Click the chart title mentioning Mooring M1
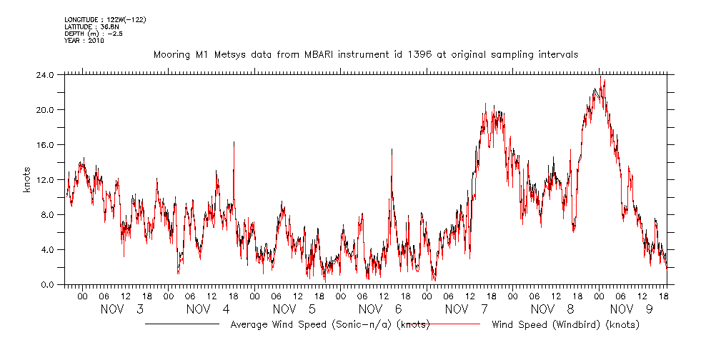(366, 54)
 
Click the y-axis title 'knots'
(26, 179)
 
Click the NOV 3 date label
(122, 309)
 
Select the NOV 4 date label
(208, 309)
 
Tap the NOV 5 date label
(294, 309)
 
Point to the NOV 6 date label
(379, 309)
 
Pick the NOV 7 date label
(466, 309)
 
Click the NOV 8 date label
(552, 309)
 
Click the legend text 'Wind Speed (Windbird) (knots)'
(565, 325)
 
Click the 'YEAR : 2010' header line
(84, 41)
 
